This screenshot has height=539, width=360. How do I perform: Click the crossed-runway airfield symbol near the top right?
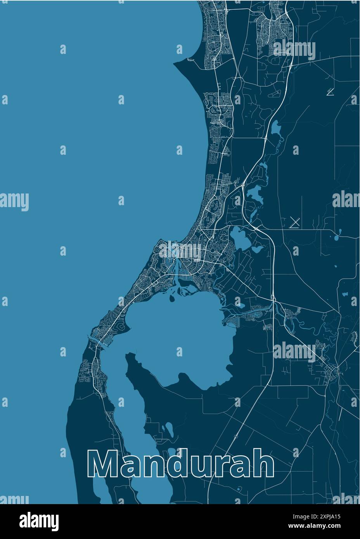click(x=331, y=92)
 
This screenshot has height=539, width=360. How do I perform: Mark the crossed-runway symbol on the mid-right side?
click(x=295, y=222)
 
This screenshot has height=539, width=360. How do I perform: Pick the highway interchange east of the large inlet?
click(x=273, y=299)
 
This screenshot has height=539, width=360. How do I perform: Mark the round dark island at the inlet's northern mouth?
click(x=171, y=299)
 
